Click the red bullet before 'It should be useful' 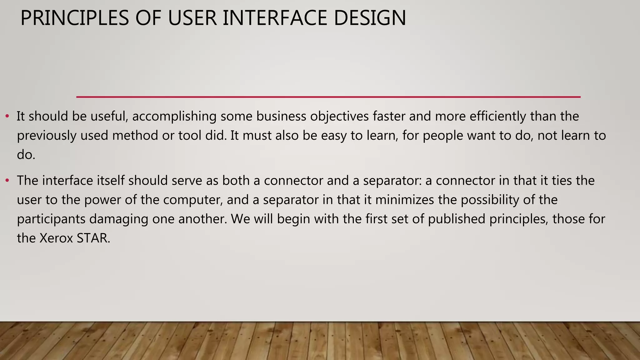click(x=7, y=117)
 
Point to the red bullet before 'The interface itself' click(x=7, y=181)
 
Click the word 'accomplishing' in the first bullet click(x=174, y=117)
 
